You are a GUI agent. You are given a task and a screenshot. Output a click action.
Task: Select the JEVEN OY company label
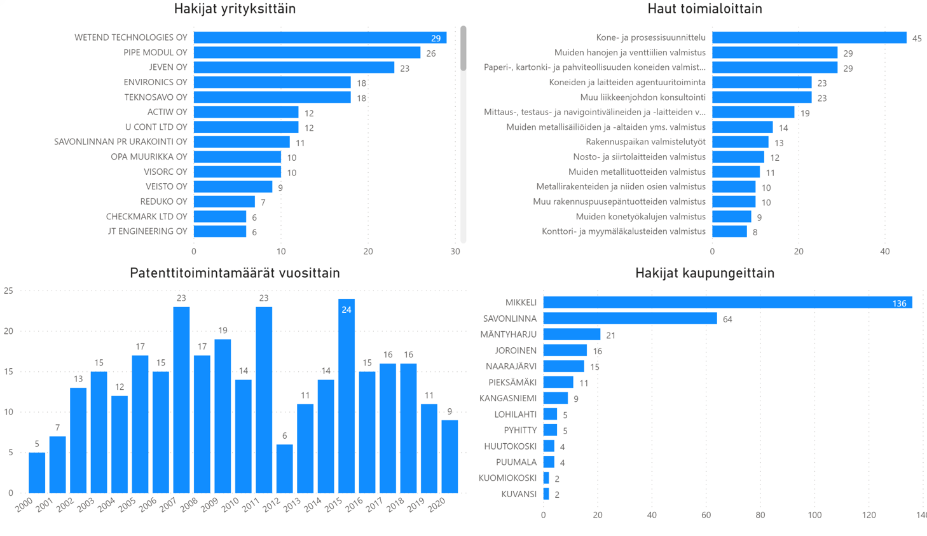pyautogui.click(x=168, y=67)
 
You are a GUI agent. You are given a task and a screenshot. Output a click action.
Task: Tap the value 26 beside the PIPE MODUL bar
pyautogui.click(x=431, y=53)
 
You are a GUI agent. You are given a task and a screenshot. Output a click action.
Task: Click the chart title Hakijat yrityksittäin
pyautogui.click(x=235, y=9)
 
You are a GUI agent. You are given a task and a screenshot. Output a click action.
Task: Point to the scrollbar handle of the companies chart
pyautogui.click(x=464, y=48)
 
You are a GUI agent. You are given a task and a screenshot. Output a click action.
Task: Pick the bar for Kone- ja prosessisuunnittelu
pyautogui.click(x=809, y=38)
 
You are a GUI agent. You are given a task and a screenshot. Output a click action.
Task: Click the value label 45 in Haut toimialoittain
pyautogui.click(x=917, y=39)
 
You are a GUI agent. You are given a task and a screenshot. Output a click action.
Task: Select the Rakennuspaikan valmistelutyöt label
pyautogui.click(x=645, y=142)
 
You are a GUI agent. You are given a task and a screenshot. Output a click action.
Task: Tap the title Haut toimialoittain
pyautogui.click(x=704, y=9)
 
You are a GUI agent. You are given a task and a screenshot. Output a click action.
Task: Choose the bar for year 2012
pyautogui.click(x=285, y=468)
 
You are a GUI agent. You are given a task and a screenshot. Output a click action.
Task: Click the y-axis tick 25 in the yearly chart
pyautogui.click(x=8, y=291)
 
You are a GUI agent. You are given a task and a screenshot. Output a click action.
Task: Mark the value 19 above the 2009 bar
pyautogui.click(x=223, y=331)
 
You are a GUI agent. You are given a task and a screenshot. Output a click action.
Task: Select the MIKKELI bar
pyautogui.click(x=727, y=303)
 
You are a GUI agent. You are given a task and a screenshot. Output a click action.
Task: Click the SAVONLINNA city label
pyautogui.click(x=509, y=319)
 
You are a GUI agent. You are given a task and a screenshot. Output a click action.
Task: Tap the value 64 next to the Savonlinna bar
pyautogui.click(x=727, y=319)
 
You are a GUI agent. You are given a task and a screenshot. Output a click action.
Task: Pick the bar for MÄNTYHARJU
pyautogui.click(x=572, y=334)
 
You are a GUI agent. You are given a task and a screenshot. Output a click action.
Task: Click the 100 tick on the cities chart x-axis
pyautogui.click(x=814, y=515)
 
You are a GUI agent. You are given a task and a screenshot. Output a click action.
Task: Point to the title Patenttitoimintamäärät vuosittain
pyautogui.click(x=235, y=273)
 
